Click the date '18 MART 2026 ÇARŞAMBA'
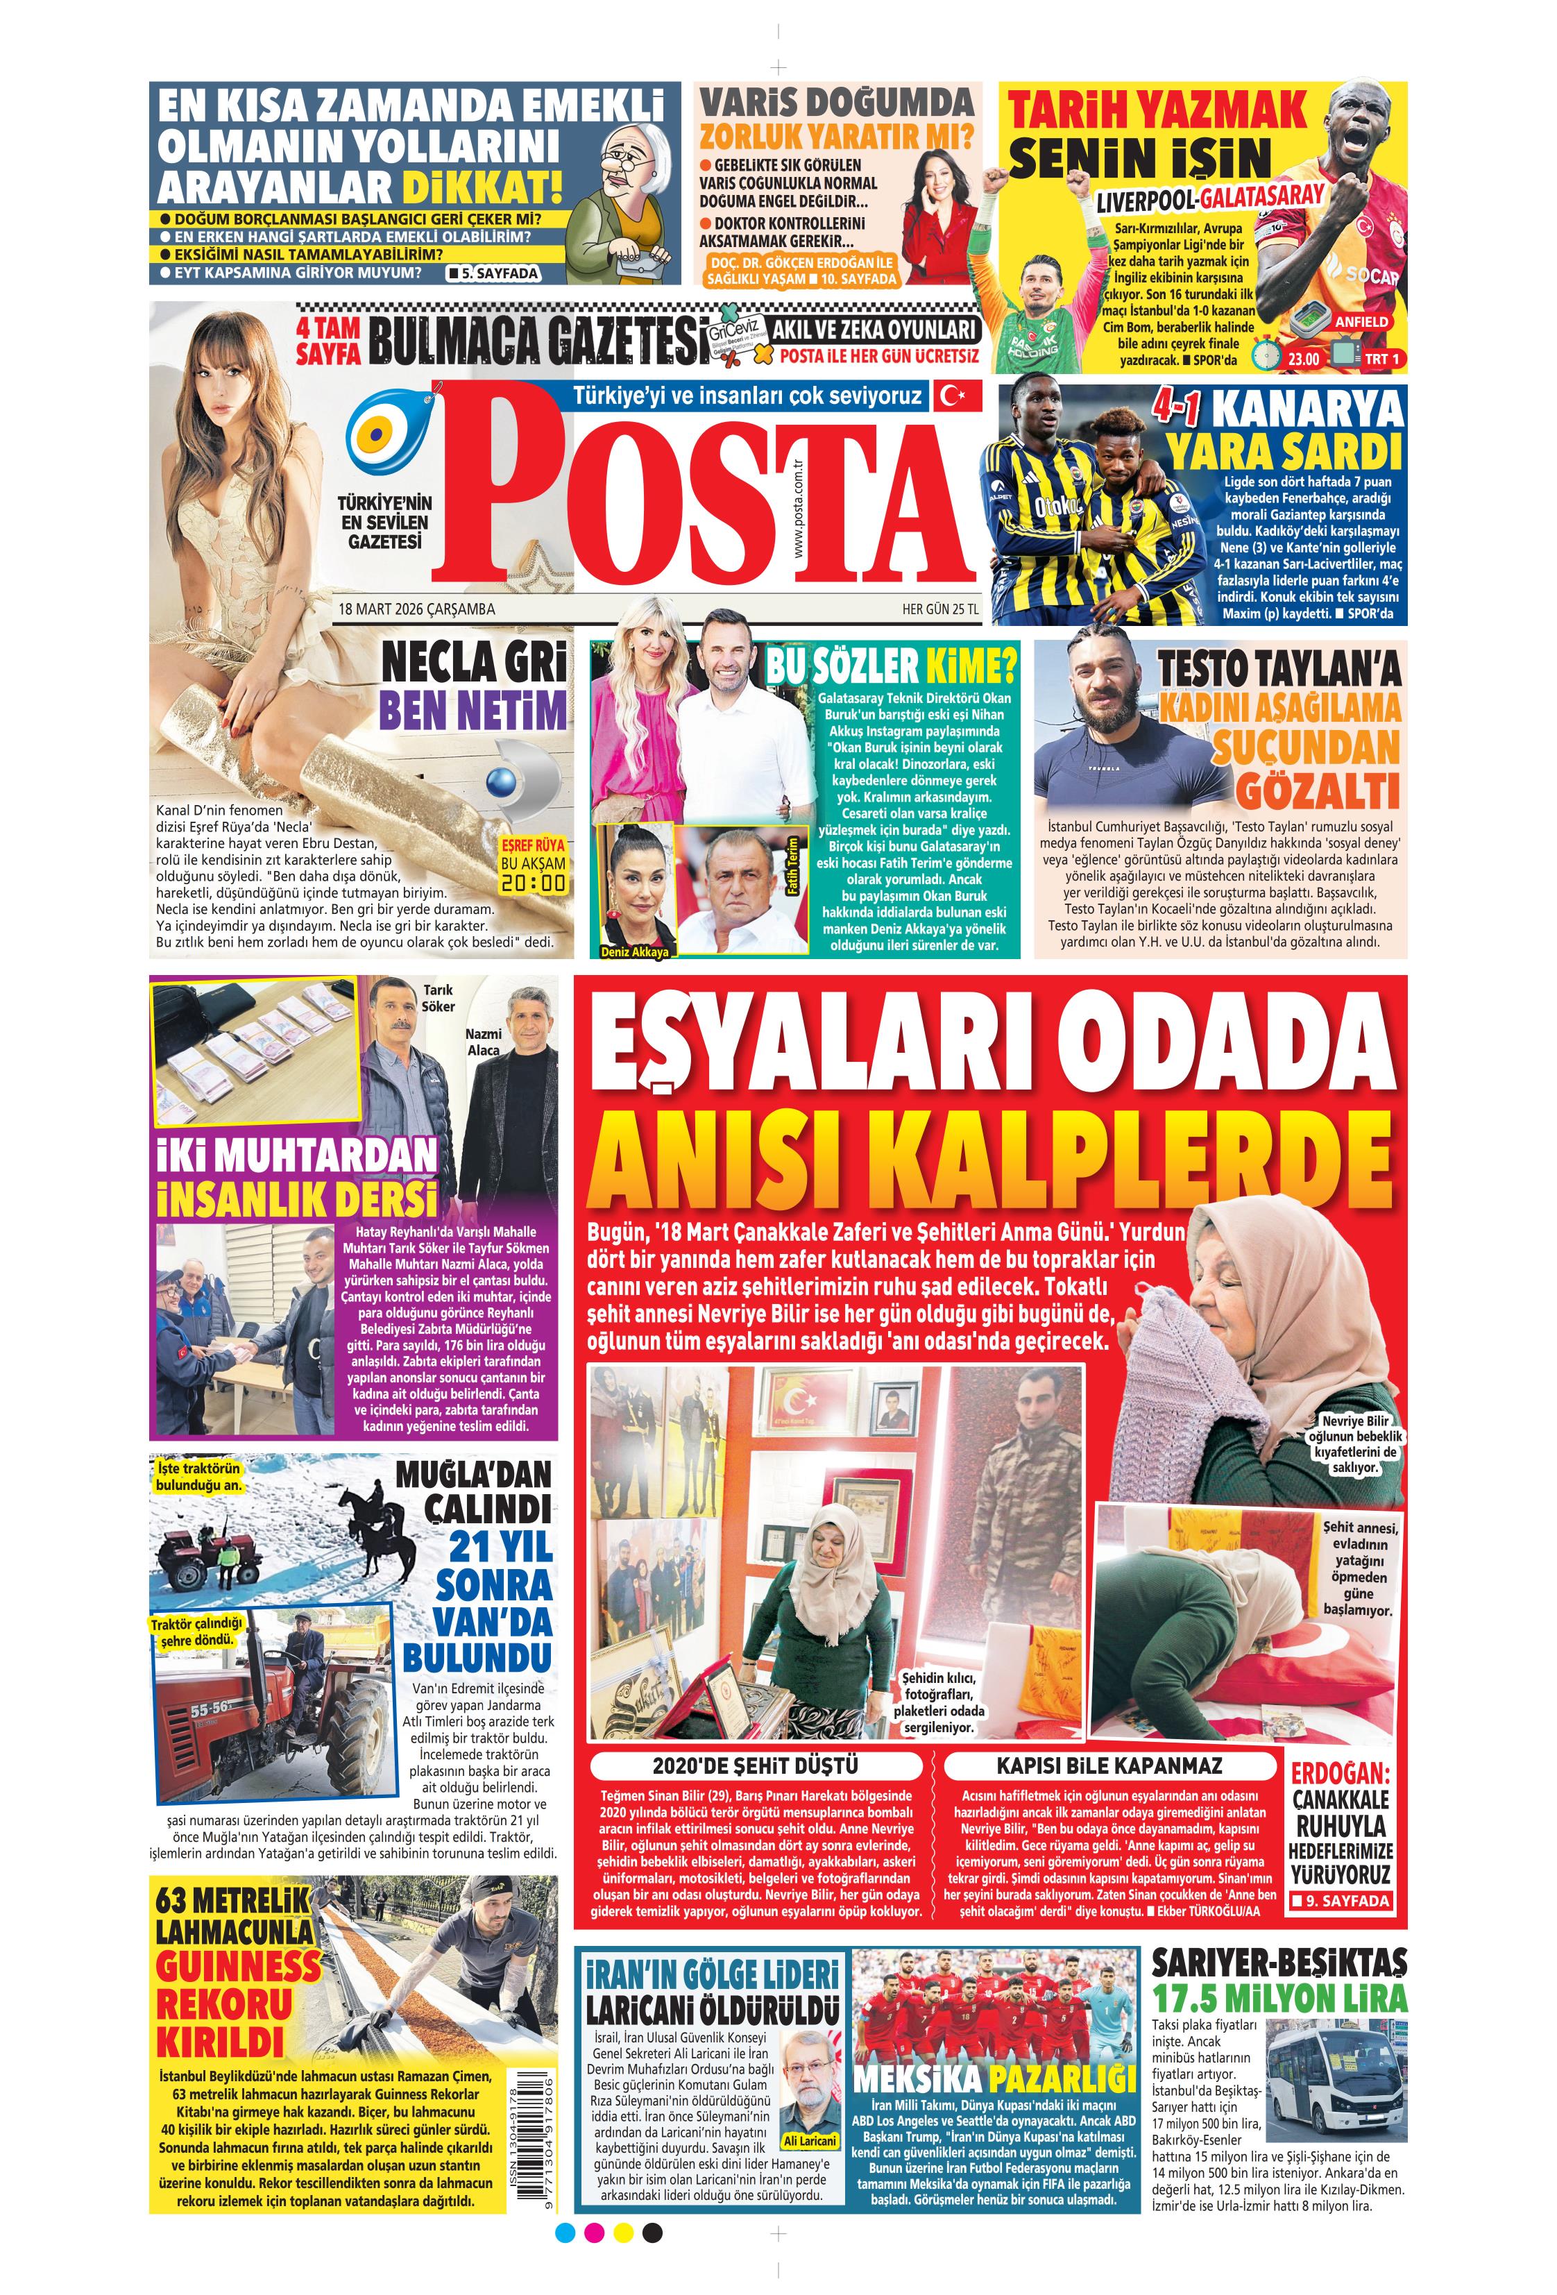click(x=416, y=609)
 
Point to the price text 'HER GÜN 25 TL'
click(x=940, y=609)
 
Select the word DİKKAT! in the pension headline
click(x=481, y=187)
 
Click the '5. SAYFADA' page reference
click(x=493, y=273)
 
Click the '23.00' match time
click(x=1302, y=359)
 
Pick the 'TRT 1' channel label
click(x=1381, y=359)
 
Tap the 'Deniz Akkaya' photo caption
click(x=636, y=952)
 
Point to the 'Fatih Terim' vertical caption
click(x=791, y=867)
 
